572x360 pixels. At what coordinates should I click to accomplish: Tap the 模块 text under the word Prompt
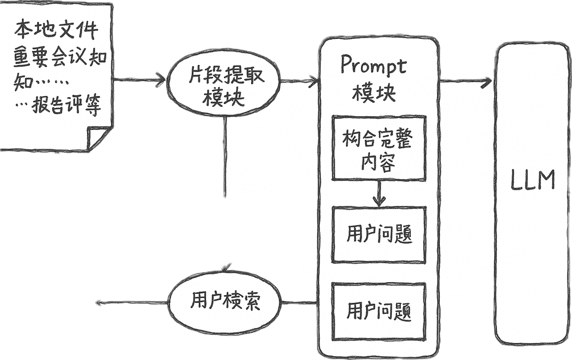click(374, 92)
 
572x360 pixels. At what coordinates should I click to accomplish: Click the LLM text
click(533, 180)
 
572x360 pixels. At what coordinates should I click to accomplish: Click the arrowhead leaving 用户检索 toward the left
click(100, 303)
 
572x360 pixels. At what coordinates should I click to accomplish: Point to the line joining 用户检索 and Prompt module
click(300, 302)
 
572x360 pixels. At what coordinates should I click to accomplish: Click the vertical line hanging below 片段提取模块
click(227, 156)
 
